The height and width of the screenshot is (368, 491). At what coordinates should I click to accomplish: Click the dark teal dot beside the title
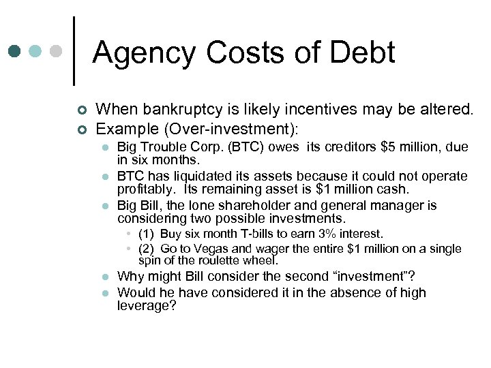pos(15,52)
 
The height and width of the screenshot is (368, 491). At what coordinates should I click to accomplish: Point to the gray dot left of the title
pos(57,52)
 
